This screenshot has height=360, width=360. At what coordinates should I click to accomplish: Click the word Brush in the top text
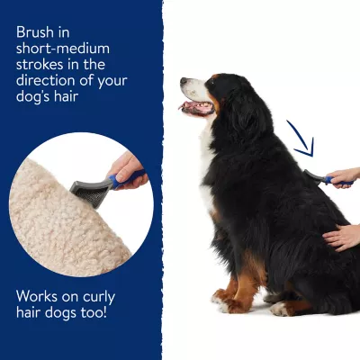(x=35, y=32)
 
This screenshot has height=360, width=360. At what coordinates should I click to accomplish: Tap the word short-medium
(x=63, y=49)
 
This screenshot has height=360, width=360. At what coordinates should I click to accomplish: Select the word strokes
(x=40, y=65)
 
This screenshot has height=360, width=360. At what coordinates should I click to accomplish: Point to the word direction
(x=46, y=80)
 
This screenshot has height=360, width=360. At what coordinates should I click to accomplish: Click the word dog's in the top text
(x=31, y=97)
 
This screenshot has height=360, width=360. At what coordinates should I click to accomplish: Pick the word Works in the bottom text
(x=37, y=296)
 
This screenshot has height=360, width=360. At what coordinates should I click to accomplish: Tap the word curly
(x=99, y=298)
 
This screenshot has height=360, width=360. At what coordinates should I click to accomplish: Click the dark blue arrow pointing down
(x=301, y=139)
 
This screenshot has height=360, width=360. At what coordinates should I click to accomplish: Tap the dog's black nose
(x=184, y=80)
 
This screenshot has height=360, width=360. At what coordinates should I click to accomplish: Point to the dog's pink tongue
(x=192, y=106)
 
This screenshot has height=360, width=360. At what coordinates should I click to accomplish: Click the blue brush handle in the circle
(x=127, y=179)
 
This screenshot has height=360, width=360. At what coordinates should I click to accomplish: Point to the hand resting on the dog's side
(x=343, y=238)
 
